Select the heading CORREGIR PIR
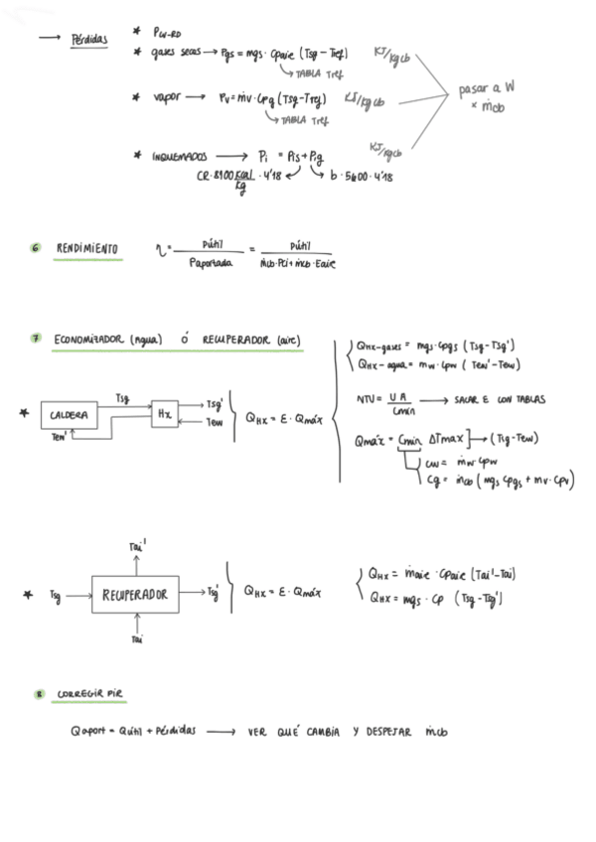(89, 692)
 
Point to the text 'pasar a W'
(486, 88)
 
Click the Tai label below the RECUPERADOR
(136, 641)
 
